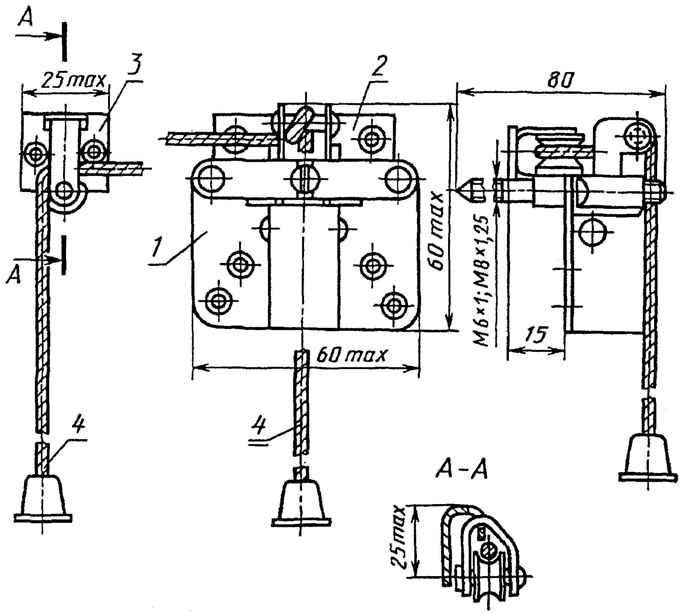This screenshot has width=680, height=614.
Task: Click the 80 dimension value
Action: [559, 80]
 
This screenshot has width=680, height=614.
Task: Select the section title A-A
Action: [462, 471]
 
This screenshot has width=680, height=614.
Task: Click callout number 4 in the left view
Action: [79, 428]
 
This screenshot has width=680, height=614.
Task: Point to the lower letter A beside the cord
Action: [14, 277]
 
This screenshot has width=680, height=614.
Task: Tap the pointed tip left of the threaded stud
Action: [457, 191]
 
